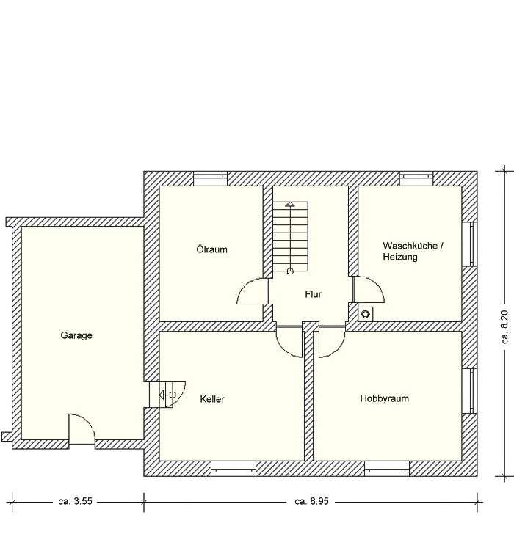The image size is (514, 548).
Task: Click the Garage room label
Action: (76, 335)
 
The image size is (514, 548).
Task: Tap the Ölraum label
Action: (211, 249)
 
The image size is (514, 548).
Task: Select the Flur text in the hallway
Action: (313, 294)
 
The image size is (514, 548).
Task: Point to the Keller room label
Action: (212, 399)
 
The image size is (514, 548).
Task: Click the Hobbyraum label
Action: (385, 398)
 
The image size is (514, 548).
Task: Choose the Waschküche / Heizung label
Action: (413, 252)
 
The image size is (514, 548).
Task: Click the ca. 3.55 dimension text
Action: (75, 501)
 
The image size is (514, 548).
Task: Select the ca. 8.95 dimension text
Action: (312, 501)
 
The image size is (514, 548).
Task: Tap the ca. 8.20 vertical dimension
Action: (504, 327)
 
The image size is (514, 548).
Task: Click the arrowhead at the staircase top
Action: (290, 204)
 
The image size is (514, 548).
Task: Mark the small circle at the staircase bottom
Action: (290, 271)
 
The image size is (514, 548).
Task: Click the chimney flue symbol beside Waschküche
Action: (365, 314)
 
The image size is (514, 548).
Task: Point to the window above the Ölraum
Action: (210, 178)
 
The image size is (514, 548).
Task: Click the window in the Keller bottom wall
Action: (234, 469)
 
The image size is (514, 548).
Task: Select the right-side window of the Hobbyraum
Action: (469, 391)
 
